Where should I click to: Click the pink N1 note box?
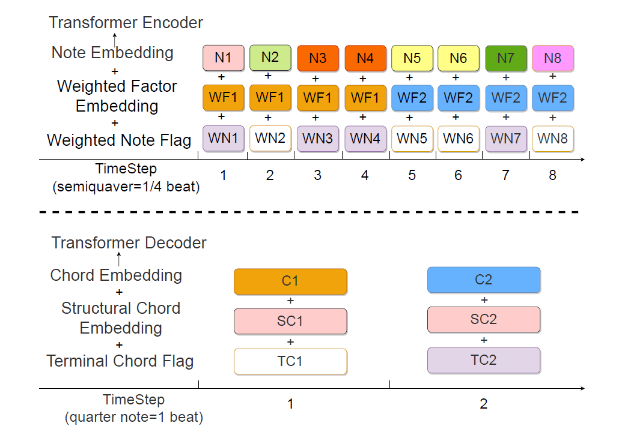click(x=224, y=58)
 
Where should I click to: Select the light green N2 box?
click(x=270, y=58)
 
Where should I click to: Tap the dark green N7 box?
click(x=506, y=58)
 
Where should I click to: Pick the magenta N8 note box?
click(x=553, y=58)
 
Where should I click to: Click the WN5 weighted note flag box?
click(x=412, y=139)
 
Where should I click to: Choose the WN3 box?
click(x=317, y=139)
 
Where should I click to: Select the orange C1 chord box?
click(x=290, y=281)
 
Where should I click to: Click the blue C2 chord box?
click(x=484, y=280)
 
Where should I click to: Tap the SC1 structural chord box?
click(x=290, y=321)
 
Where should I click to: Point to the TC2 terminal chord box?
click(x=484, y=360)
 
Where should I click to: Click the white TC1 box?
click(x=290, y=361)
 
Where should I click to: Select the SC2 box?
click(x=484, y=319)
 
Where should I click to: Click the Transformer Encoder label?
click(x=126, y=23)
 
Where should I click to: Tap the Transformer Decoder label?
click(x=129, y=243)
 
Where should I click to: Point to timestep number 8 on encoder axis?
click(x=552, y=175)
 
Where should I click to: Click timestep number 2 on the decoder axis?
click(x=484, y=404)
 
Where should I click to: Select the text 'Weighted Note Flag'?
click(x=119, y=140)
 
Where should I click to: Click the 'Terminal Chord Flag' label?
click(x=120, y=361)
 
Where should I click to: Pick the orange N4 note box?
click(x=365, y=58)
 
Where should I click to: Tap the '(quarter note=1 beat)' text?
click(x=133, y=417)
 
